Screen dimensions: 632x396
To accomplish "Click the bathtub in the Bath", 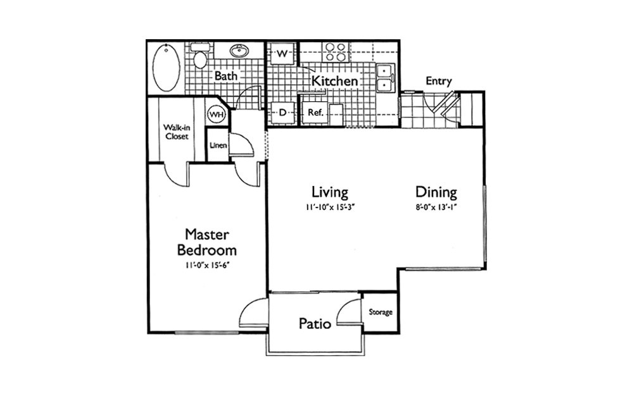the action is (x=167, y=67).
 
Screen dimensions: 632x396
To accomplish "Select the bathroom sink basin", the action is (x=239, y=51).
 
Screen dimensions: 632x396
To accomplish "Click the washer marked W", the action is (x=282, y=54).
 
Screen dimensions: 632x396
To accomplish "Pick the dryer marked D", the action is (x=282, y=112).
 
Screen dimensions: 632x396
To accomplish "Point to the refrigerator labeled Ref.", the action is (x=315, y=113).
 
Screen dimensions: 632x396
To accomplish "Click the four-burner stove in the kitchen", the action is (x=336, y=52).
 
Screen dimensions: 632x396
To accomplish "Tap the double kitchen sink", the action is (x=386, y=77).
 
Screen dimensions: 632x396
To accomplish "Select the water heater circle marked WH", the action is (x=217, y=114).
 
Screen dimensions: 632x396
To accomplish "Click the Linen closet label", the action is (x=218, y=145).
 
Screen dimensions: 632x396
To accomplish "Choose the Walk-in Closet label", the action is (x=176, y=132).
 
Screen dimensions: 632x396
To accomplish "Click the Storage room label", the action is (x=381, y=312).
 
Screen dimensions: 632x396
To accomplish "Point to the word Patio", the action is (x=315, y=323).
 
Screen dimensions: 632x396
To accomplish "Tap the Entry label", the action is (x=438, y=82).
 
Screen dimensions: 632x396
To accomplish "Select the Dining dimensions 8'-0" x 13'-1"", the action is (x=436, y=207).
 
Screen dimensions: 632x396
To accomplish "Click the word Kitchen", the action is (x=334, y=80).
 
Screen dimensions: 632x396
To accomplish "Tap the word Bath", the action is (x=225, y=76).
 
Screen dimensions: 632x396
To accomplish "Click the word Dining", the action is (x=436, y=192).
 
